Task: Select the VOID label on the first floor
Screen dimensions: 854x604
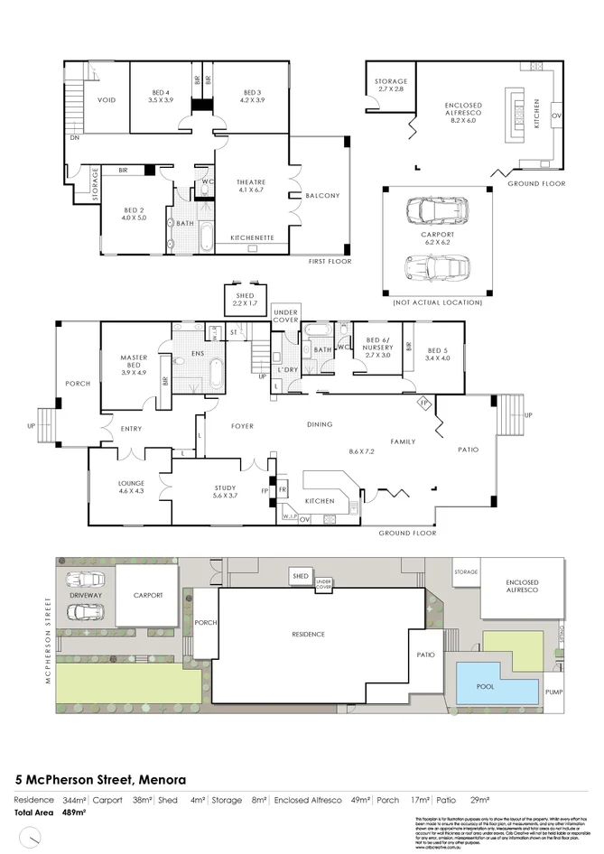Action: click(107, 100)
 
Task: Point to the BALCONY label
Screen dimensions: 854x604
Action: click(322, 196)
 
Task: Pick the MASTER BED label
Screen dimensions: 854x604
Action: click(134, 363)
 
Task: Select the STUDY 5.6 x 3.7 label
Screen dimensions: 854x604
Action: click(225, 492)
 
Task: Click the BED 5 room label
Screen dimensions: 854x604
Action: click(438, 355)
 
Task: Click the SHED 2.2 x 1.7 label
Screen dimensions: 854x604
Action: click(245, 299)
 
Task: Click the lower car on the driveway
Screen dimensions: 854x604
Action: click(84, 612)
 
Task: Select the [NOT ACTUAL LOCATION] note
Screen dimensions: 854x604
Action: click(438, 302)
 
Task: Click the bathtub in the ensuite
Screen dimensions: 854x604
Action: click(216, 372)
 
